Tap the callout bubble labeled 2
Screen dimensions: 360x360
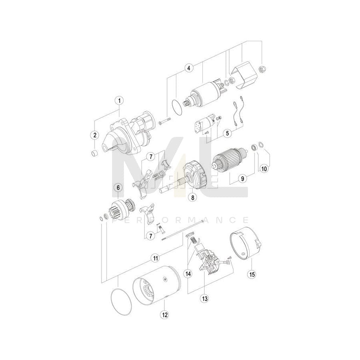[95, 135]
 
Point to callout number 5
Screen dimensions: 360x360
[227, 133]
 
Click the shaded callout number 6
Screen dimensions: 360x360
[118, 187]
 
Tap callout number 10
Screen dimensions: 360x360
[264, 168]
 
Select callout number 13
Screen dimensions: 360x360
[205, 298]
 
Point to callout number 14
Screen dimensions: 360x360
[188, 274]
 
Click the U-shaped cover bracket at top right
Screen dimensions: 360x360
[244, 76]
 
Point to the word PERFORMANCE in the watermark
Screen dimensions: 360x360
[180, 220]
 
